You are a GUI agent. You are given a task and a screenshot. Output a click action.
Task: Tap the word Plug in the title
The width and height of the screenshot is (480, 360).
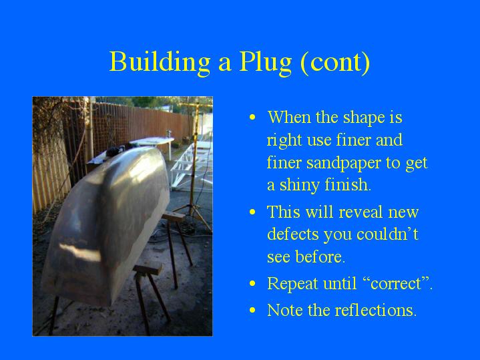pyautogui.click(x=265, y=63)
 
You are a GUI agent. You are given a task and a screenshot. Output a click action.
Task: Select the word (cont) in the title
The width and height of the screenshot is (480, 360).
pyautogui.click(x=335, y=63)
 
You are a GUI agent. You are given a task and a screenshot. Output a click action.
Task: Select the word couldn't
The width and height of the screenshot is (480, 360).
pyautogui.click(x=387, y=234)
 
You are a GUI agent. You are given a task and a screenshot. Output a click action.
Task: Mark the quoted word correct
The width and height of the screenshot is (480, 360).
pyautogui.click(x=395, y=283)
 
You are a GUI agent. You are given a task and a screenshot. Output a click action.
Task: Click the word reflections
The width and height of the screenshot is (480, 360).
pyautogui.click(x=376, y=310)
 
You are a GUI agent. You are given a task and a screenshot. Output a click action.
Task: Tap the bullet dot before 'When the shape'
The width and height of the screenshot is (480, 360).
pyautogui.click(x=252, y=118)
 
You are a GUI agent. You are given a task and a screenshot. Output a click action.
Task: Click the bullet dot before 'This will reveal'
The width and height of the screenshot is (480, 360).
pyautogui.click(x=252, y=212)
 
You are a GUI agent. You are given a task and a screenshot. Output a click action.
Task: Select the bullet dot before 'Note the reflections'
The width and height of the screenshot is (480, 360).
pyautogui.click(x=252, y=311)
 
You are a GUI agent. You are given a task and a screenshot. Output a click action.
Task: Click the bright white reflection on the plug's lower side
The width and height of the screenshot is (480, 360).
pyautogui.click(x=80, y=252)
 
